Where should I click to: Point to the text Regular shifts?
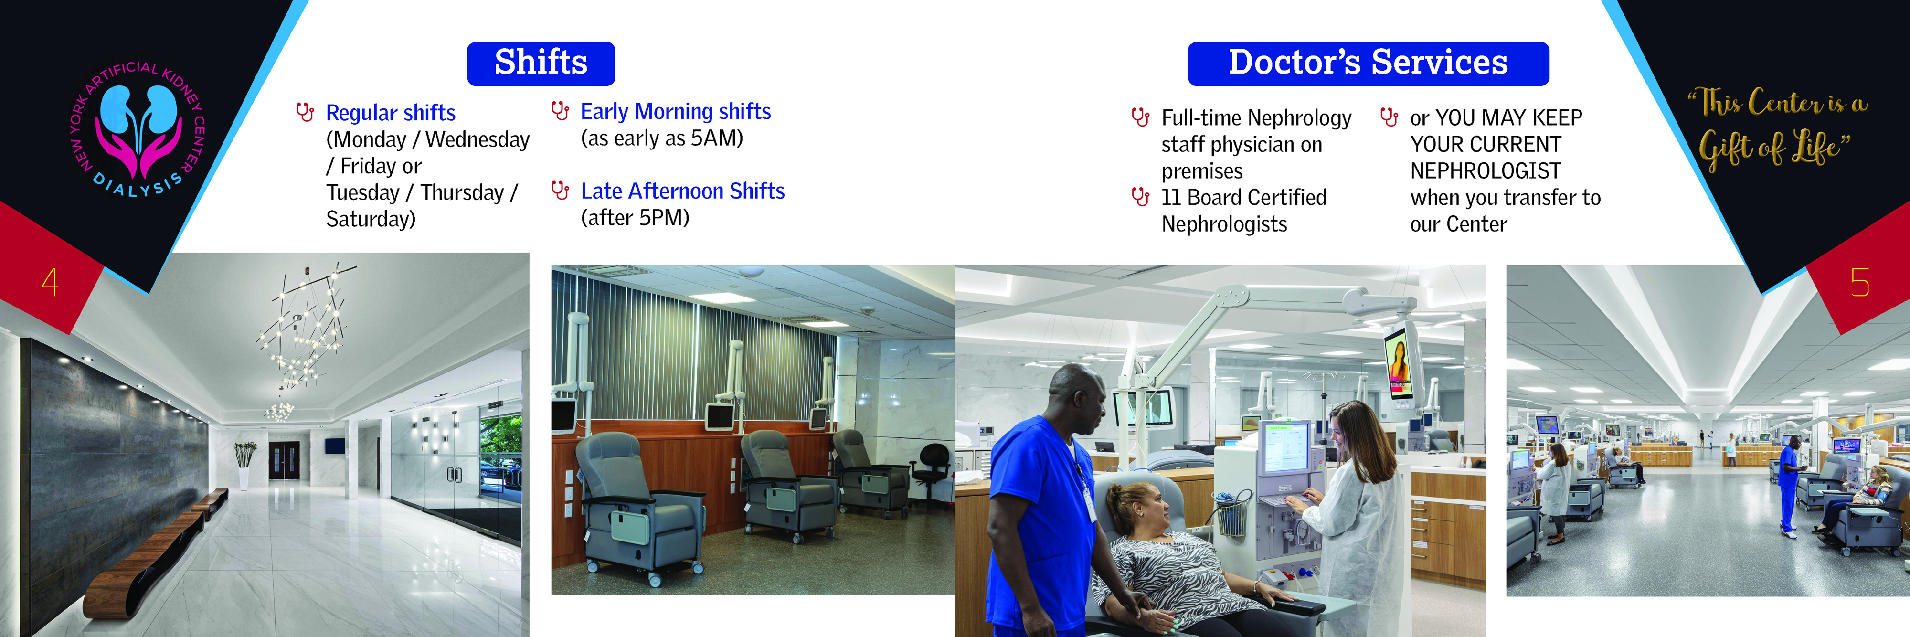[x=390, y=113]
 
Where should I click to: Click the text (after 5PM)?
[x=635, y=218]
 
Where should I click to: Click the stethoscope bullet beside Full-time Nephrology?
[x=1140, y=117]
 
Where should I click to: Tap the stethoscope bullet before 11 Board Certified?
[x=1140, y=197]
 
